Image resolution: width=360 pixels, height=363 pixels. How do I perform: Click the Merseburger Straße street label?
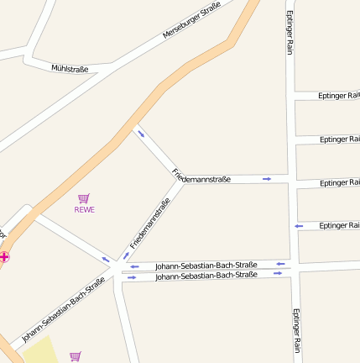point(191,21)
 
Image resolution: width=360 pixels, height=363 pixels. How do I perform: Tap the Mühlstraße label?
point(70,67)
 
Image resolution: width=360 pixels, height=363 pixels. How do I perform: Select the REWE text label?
point(85,209)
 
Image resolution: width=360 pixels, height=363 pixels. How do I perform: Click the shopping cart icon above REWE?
point(84,197)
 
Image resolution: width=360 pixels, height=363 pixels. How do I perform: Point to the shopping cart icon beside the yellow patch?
point(76,356)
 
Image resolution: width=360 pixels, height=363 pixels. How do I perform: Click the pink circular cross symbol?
point(5,256)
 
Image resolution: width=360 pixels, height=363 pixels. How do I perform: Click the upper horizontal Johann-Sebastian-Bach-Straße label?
point(206,266)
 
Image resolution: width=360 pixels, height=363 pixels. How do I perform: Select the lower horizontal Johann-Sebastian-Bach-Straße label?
point(206,276)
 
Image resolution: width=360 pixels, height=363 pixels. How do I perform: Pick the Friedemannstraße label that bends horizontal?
point(202,178)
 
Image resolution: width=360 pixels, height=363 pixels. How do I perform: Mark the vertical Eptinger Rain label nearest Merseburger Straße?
point(290,33)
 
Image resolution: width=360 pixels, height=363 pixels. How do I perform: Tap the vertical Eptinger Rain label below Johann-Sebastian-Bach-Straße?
point(296,331)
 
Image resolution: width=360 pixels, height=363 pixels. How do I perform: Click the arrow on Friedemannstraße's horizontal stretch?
point(267,178)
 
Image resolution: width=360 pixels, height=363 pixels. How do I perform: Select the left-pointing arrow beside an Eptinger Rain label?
point(298,226)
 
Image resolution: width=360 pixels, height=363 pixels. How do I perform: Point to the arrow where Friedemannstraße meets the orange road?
point(141,134)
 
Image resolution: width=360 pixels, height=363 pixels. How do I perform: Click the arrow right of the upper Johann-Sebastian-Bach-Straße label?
point(280,265)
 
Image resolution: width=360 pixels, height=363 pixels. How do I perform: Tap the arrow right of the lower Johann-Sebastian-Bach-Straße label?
point(277,274)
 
